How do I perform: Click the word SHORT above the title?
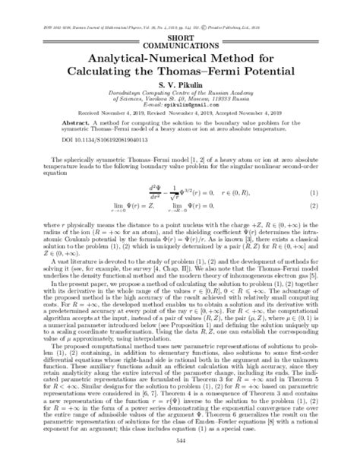[180, 37]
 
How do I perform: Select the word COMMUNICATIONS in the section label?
[180, 45]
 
